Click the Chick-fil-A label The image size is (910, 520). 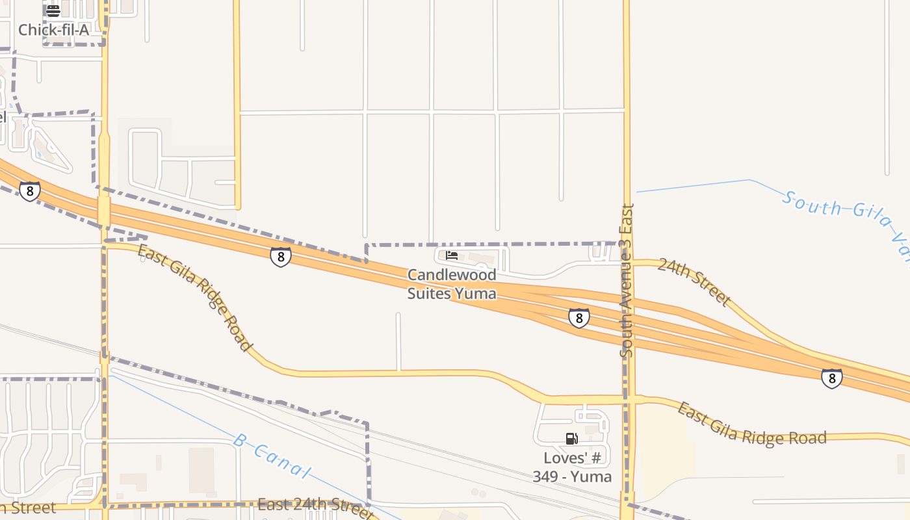[x=53, y=30]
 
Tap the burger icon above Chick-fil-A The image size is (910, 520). [x=53, y=10]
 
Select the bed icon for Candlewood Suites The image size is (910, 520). [x=452, y=255]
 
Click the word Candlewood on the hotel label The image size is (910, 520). [x=452, y=275]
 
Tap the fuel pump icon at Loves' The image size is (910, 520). [x=572, y=439]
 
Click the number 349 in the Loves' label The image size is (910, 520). [x=554, y=476]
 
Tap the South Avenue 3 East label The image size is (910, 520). [x=627, y=281]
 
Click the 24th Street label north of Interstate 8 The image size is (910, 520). [x=694, y=281]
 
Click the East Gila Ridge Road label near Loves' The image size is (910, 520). [x=751, y=424]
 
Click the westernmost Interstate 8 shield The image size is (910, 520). [x=29, y=191]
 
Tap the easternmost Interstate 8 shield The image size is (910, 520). [x=832, y=378]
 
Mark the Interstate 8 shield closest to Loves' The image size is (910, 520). [x=578, y=318]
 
